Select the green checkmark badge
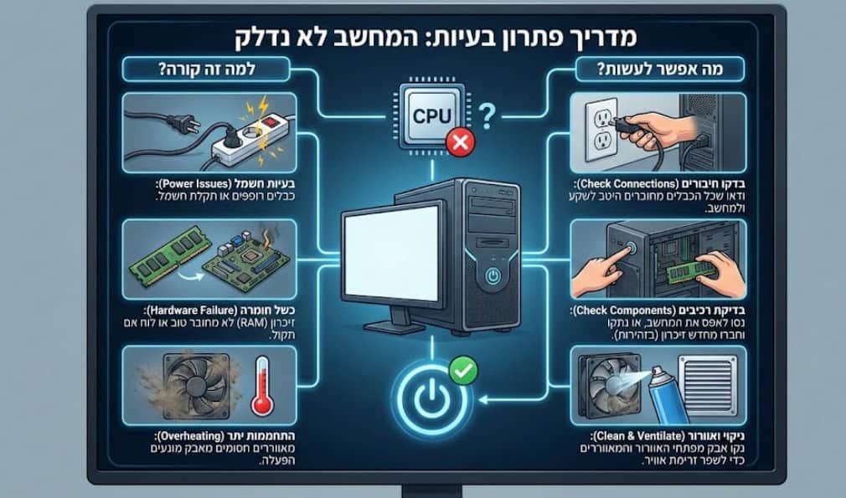pos(460,365)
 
